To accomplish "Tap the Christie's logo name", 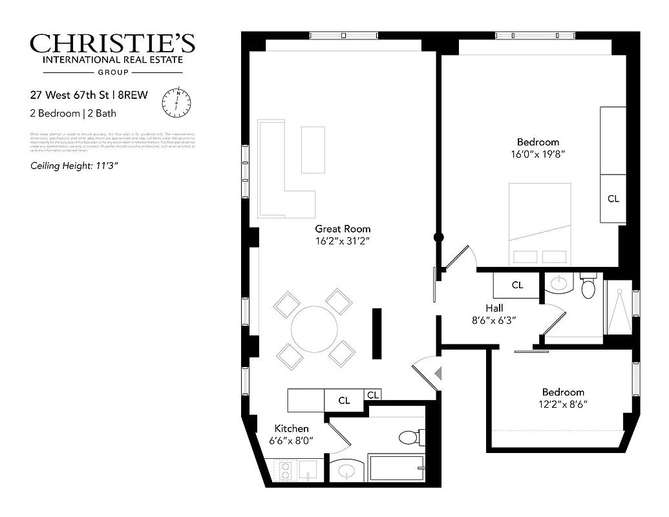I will (x=112, y=44).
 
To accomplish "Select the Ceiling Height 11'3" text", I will (x=74, y=165).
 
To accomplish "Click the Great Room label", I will (x=343, y=229).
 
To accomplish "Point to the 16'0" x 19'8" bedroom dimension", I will (x=538, y=154).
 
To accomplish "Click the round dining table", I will (x=314, y=329).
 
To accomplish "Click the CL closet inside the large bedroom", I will (x=613, y=199).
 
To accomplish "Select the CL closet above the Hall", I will (x=517, y=285).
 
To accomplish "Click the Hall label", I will (x=494, y=308).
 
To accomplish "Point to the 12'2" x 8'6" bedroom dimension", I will (x=563, y=405).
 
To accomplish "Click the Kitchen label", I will (x=292, y=428).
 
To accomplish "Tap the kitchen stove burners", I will (x=285, y=470).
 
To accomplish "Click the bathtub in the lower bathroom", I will (x=396, y=468).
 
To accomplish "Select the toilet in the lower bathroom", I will (x=410, y=438).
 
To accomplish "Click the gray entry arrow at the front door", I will (x=438, y=374).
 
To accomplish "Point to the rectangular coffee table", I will (x=313, y=150).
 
